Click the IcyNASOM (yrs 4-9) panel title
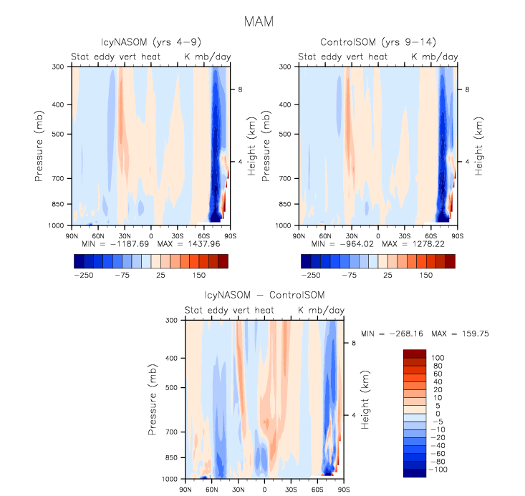coord(150,42)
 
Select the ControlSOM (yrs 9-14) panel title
coord(378,42)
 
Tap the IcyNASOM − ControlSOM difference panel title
coord(264,296)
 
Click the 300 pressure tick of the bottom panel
coord(170,321)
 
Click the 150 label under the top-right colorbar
coord(426,274)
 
